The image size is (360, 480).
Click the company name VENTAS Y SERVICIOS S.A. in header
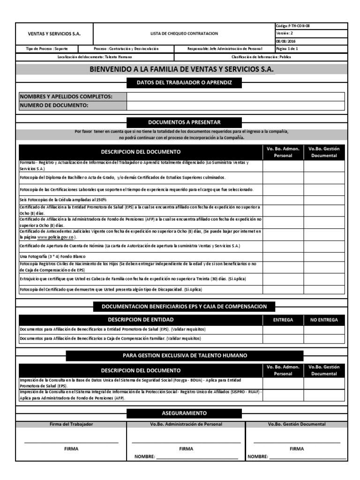(x=54, y=34)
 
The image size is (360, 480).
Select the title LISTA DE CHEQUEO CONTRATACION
(x=184, y=34)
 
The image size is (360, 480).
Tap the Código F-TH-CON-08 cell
(x=293, y=26)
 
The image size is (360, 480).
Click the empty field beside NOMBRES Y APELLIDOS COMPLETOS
(x=235, y=97)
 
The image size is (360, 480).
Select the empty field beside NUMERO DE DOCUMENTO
(x=235, y=105)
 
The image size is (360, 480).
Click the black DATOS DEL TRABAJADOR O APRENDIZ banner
(x=184, y=83)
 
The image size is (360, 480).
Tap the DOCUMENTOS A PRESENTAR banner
(x=184, y=122)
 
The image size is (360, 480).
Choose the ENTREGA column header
(x=283, y=320)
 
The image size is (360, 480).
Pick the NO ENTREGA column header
(x=324, y=320)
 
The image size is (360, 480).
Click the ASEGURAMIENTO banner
(x=184, y=413)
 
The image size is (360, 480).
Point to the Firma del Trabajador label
(x=71, y=424)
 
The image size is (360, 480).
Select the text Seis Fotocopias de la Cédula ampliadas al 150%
(x=63, y=200)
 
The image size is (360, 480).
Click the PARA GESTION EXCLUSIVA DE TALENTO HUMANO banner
(x=185, y=355)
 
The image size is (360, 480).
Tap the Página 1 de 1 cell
(x=287, y=49)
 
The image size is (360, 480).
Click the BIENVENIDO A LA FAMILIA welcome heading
(x=181, y=69)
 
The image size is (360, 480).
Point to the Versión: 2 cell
(x=285, y=33)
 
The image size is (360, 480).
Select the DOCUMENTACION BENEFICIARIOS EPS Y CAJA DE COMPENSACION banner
(x=184, y=307)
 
